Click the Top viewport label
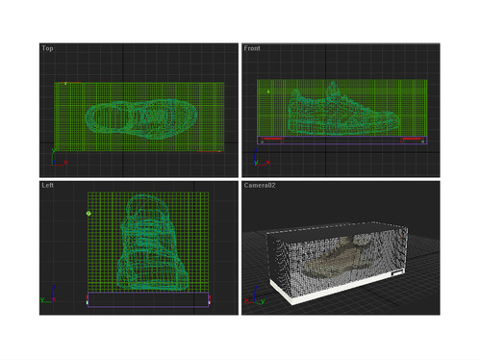click(47, 48)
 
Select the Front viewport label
click(252, 48)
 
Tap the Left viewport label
click(47, 185)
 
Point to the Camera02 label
click(260, 185)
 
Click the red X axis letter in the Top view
click(65, 163)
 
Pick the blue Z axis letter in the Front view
click(256, 150)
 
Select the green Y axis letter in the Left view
click(42, 300)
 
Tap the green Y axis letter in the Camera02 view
click(263, 301)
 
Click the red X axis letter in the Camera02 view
click(246, 300)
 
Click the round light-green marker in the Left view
click(89, 214)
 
